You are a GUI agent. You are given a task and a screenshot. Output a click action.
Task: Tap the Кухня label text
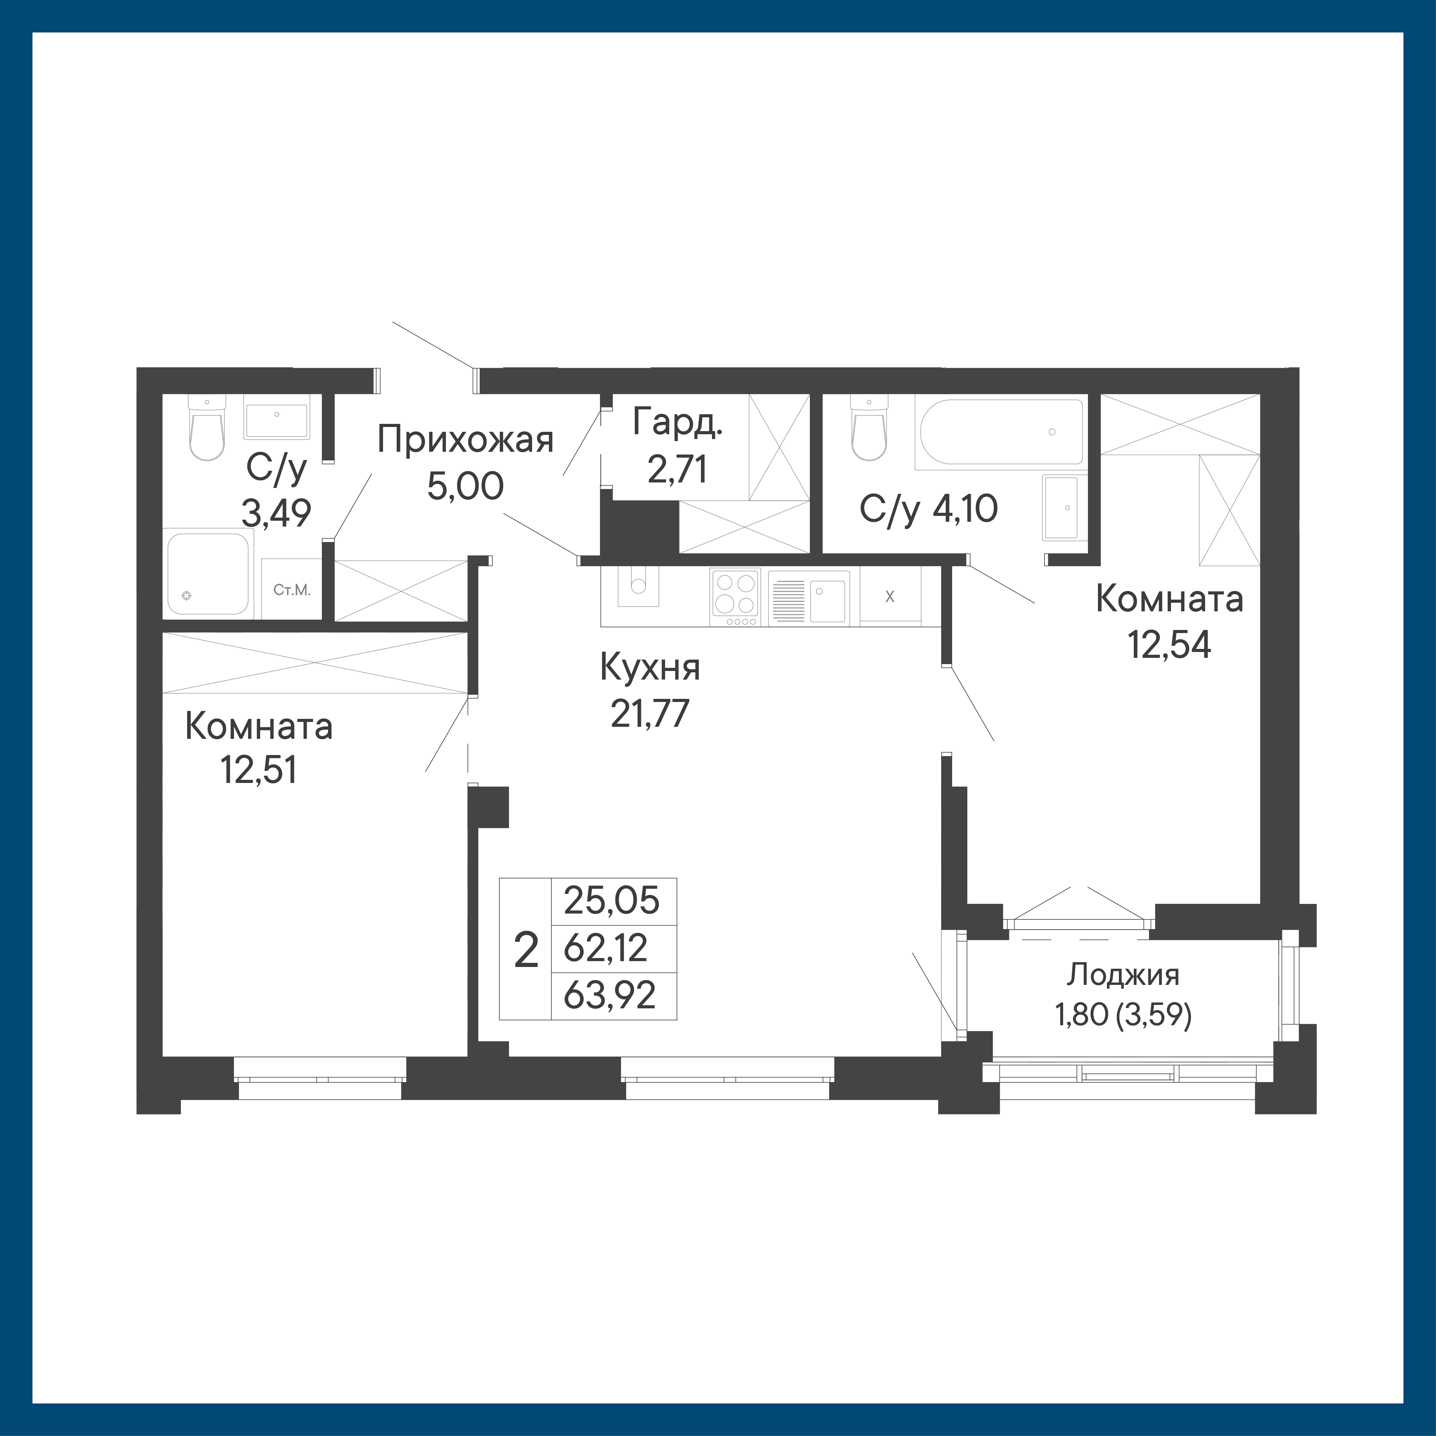pos(650,668)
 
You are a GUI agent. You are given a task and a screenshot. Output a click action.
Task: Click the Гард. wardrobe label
pos(677,424)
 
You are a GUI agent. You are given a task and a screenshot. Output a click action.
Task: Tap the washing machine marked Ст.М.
pos(291,589)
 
